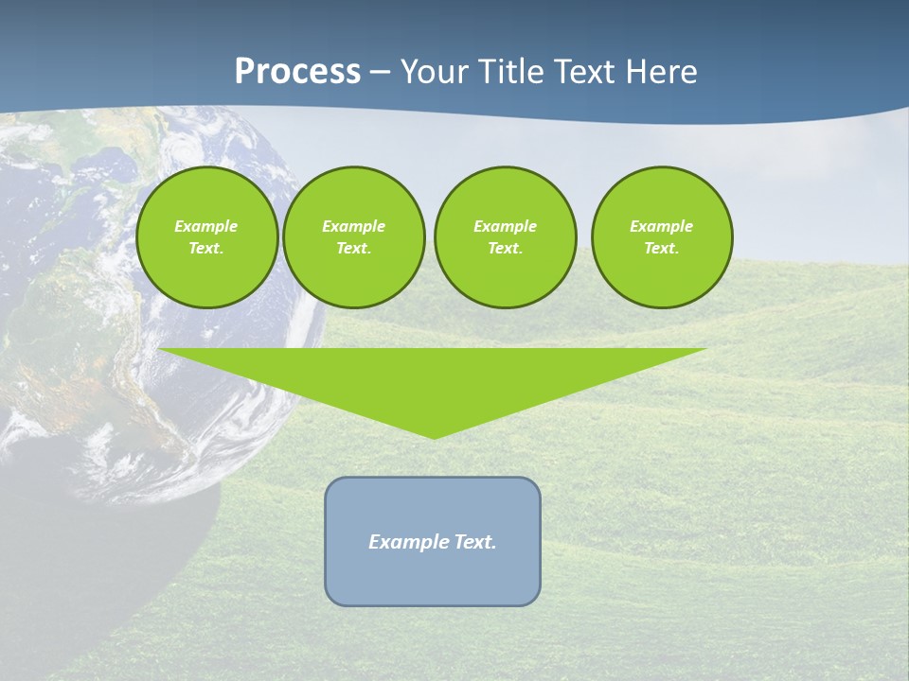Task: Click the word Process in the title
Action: point(297,72)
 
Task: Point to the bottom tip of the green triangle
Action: point(434,437)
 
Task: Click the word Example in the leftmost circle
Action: point(205,226)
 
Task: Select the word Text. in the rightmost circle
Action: point(661,248)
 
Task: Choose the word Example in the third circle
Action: point(505,226)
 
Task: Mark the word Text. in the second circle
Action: point(353,248)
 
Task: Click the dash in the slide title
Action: point(380,72)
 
